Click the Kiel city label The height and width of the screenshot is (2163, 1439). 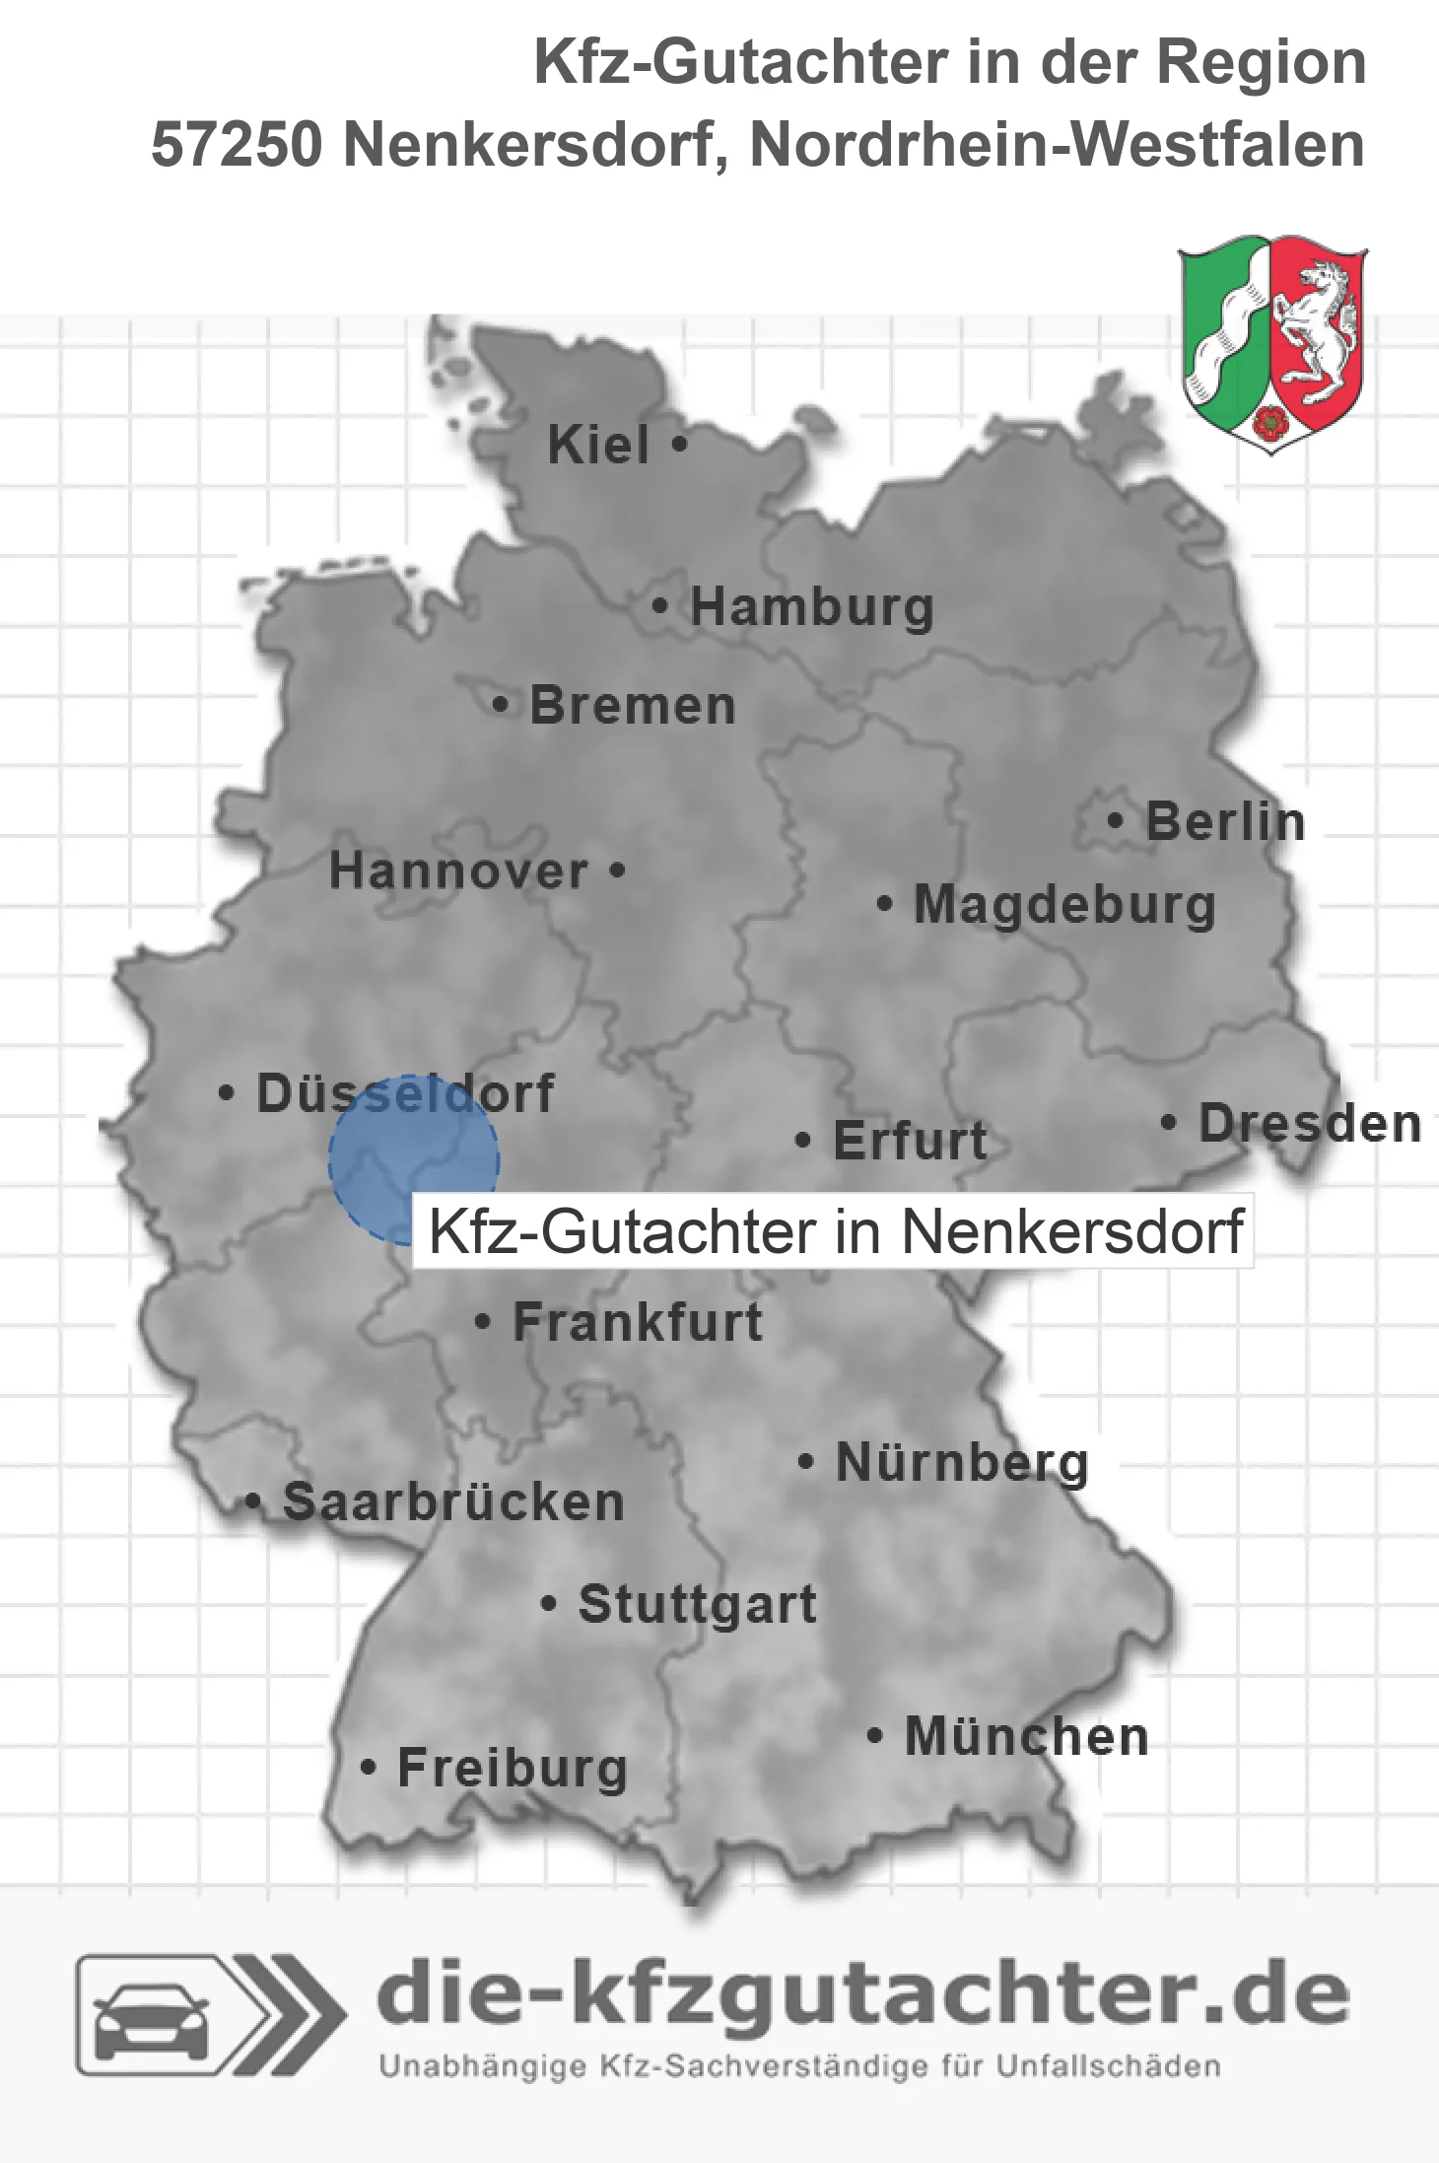tap(598, 445)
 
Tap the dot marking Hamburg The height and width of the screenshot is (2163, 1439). tap(660, 605)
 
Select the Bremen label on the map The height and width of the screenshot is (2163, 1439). tap(632, 706)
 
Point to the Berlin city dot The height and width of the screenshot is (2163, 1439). tap(1116, 820)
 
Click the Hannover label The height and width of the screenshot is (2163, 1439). tap(458, 872)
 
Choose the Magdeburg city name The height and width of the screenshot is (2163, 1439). tap(1064, 905)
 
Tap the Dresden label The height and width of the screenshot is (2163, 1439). tap(1310, 1124)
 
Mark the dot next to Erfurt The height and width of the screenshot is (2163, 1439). tap(803, 1141)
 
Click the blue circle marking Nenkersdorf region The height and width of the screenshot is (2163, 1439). tap(414, 1159)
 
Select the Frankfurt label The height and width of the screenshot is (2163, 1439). tap(638, 1322)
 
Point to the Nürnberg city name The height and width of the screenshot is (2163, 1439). tap(962, 1463)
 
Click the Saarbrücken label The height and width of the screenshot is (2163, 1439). tap(453, 1503)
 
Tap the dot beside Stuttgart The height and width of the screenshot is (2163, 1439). tap(549, 1604)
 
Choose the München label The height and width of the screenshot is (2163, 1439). tap(1027, 1736)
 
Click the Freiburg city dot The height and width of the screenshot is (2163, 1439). tap(369, 1768)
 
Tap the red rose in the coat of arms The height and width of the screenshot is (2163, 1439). tap(1270, 422)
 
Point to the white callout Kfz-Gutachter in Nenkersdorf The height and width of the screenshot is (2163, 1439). tap(834, 1231)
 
